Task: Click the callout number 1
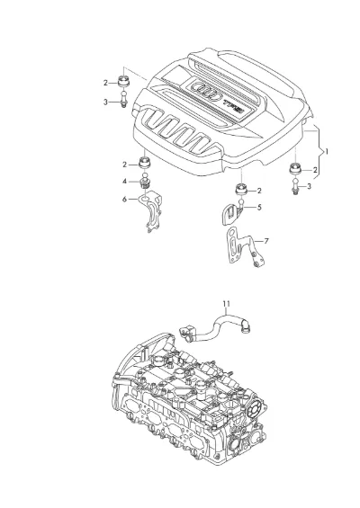click(x=327, y=151)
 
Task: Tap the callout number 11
click(x=227, y=304)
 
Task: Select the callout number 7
click(x=266, y=241)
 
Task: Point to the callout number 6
click(x=124, y=199)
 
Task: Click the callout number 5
click(x=259, y=207)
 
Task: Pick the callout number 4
click(x=124, y=182)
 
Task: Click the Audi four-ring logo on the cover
click(x=208, y=91)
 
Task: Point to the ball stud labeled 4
click(x=145, y=183)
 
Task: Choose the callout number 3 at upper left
click(x=105, y=102)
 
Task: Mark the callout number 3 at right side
click(x=309, y=186)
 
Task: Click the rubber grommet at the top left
click(x=123, y=81)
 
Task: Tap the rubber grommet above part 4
click(x=145, y=163)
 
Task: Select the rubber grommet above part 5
click(x=241, y=189)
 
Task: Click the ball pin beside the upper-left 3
click(x=123, y=99)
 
